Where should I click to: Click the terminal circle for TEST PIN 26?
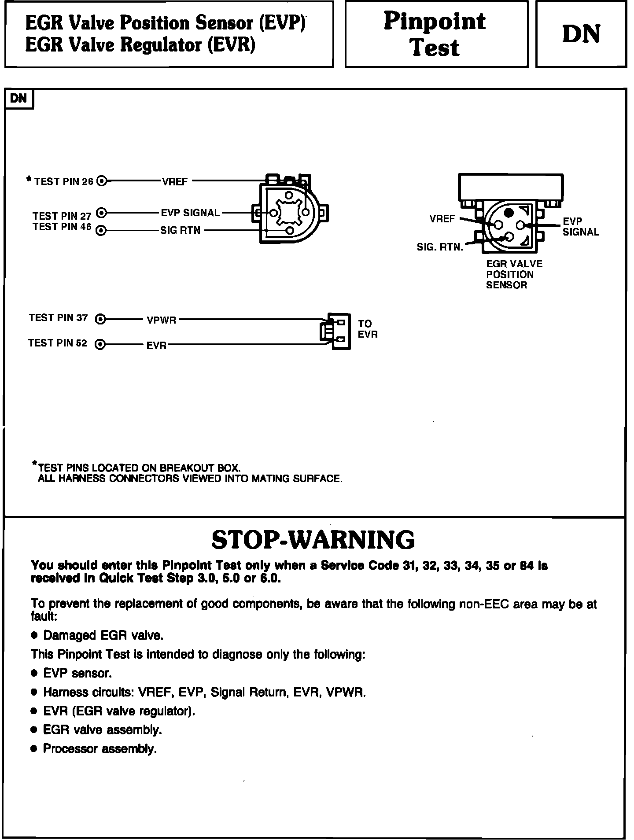[102, 181]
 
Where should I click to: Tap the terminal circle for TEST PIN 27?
[101, 213]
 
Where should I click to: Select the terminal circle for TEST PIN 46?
[101, 230]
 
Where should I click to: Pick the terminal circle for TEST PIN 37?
[101, 319]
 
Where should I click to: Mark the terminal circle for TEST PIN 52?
[101, 344]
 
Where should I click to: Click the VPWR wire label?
[162, 320]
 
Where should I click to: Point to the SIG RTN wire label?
[180, 230]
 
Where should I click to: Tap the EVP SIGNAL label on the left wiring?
[190, 213]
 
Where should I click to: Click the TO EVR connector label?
[368, 329]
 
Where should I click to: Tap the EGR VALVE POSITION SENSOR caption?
[514, 274]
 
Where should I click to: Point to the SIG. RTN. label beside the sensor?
[440, 247]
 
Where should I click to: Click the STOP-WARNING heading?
[313, 539]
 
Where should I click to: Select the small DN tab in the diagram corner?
[18, 98]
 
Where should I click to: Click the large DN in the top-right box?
[581, 34]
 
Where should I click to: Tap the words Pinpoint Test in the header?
[435, 34]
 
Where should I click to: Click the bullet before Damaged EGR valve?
[34, 636]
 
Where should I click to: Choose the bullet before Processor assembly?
[34, 749]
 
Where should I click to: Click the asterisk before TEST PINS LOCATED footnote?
[34, 464]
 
